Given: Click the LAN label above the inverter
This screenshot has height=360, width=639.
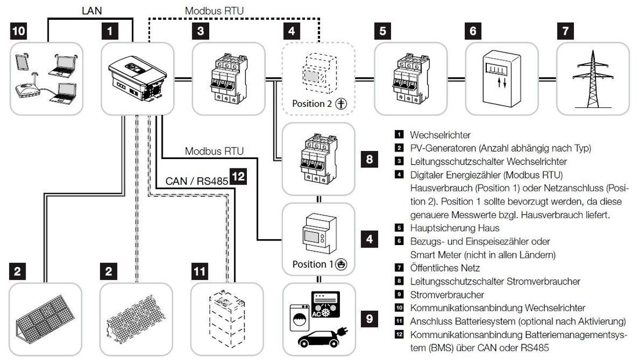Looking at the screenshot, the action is tap(92, 10).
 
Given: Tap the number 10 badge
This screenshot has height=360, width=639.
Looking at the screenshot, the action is tap(19, 31).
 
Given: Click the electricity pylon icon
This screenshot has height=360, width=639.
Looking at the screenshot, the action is tap(593, 78).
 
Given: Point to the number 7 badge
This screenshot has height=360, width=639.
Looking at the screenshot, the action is tap(565, 31).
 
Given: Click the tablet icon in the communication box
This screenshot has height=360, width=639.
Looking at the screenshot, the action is tap(21, 61).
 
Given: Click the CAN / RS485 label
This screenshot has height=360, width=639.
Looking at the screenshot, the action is tap(196, 181).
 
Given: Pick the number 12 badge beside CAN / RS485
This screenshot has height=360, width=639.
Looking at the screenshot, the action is tap(238, 177).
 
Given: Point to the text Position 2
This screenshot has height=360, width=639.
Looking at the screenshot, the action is tap(312, 103).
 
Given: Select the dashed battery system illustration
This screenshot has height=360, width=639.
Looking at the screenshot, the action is tap(227, 318).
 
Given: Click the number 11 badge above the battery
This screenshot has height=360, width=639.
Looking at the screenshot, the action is tap(200, 271).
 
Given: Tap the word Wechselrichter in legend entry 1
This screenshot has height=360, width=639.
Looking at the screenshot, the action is tap(440, 135).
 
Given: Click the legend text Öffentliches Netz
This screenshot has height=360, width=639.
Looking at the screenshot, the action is tap(444, 268).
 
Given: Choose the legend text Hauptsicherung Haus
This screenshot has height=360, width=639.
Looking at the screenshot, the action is tap(454, 228).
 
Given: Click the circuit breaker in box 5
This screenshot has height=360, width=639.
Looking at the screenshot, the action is tap(410, 78).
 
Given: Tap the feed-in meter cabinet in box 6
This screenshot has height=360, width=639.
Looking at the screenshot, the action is tap(502, 78).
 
